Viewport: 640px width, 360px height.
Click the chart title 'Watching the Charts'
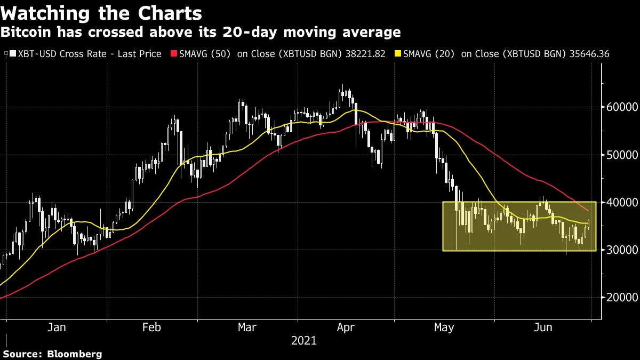tap(101, 13)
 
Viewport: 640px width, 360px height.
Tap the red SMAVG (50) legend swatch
tap(173, 54)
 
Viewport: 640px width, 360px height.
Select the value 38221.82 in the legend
tap(362, 54)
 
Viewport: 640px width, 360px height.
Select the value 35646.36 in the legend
tap(586, 54)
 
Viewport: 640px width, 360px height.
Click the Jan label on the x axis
tap(57, 327)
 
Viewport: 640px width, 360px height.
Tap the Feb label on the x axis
tap(152, 327)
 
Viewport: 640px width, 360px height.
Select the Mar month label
tap(247, 327)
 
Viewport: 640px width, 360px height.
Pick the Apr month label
tap(346, 327)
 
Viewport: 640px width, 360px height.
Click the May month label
tap(444, 327)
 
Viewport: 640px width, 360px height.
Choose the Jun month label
tap(542, 327)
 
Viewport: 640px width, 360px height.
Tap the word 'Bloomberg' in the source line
tap(75, 354)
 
